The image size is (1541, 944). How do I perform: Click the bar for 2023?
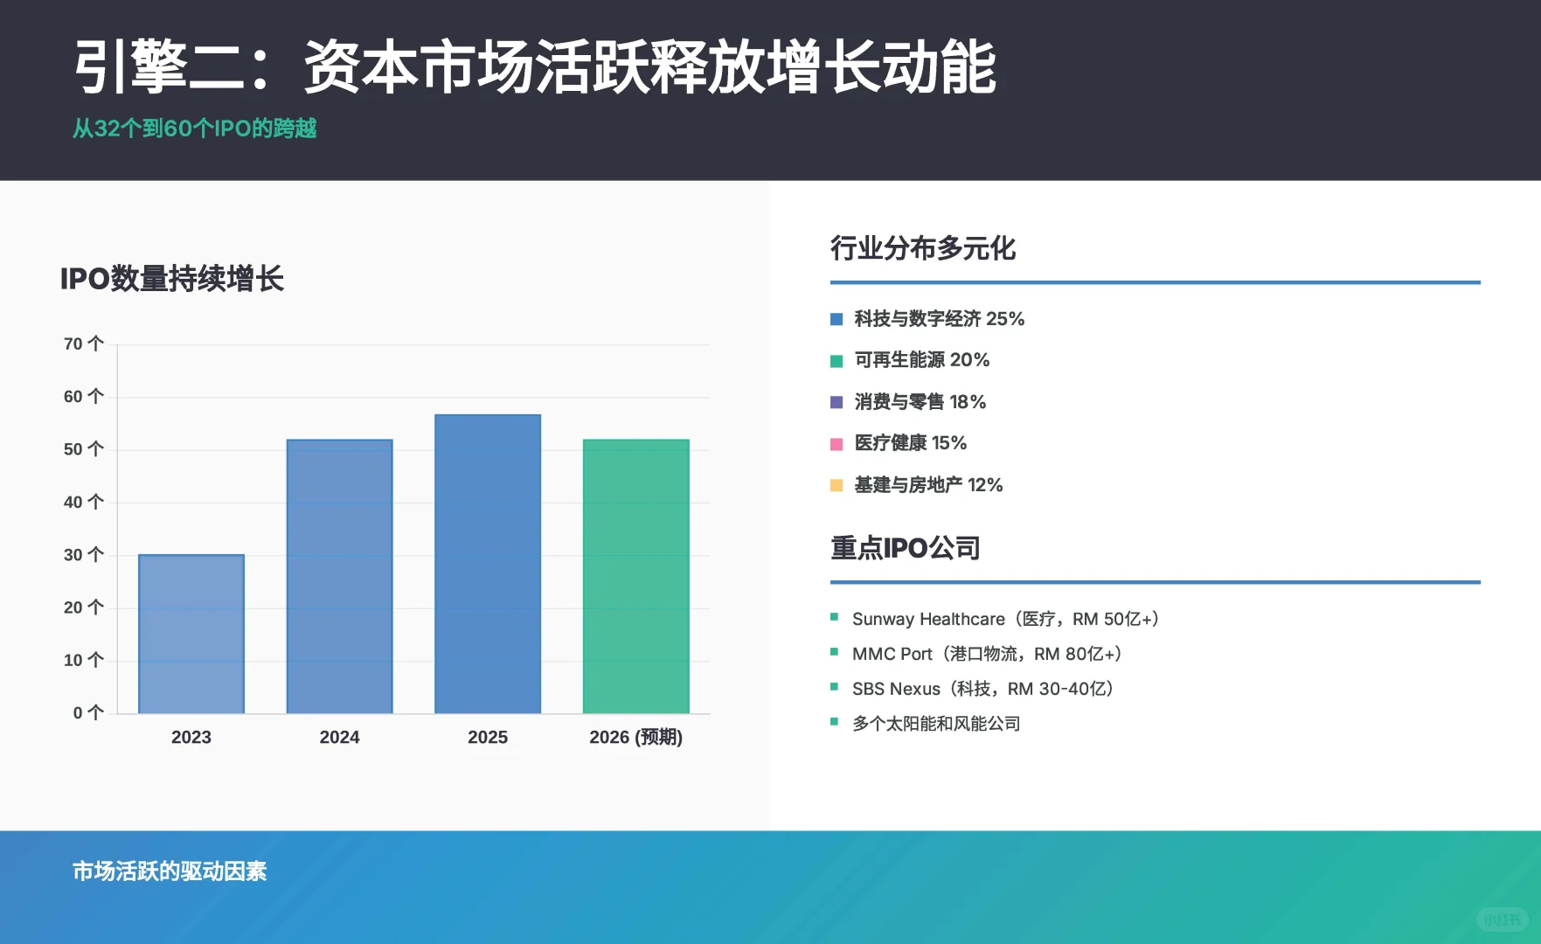click(191, 634)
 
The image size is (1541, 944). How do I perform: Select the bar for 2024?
click(339, 576)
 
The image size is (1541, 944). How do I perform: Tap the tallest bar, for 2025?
click(488, 564)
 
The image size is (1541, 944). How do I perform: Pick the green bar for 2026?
click(635, 576)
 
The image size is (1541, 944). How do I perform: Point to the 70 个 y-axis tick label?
click(83, 344)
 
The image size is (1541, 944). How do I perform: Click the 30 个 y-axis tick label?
click(83, 555)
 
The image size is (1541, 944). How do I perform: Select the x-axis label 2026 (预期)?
click(635, 737)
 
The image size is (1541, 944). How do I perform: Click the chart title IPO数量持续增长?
click(172, 279)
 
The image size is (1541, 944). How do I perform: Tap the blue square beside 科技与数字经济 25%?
click(836, 319)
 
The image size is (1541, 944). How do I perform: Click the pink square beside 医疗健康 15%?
click(836, 444)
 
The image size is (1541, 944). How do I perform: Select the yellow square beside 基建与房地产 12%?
click(836, 485)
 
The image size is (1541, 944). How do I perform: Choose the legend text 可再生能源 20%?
click(922, 360)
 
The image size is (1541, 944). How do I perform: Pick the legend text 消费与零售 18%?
click(920, 402)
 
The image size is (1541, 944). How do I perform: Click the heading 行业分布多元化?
click(922, 248)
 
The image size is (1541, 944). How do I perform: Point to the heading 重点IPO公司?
click(905, 548)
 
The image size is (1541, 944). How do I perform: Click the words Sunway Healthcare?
click(928, 619)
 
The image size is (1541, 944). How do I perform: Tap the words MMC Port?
click(892, 654)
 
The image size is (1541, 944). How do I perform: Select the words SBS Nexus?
click(896, 689)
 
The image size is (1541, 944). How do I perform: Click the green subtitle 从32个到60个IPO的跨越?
click(194, 128)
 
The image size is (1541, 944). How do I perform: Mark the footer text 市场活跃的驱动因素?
click(170, 871)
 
